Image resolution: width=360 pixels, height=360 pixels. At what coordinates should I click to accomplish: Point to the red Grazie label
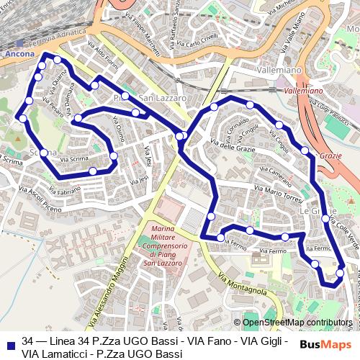click(x=330, y=156)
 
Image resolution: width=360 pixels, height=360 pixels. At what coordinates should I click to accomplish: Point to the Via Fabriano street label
click(x=66, y=191)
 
